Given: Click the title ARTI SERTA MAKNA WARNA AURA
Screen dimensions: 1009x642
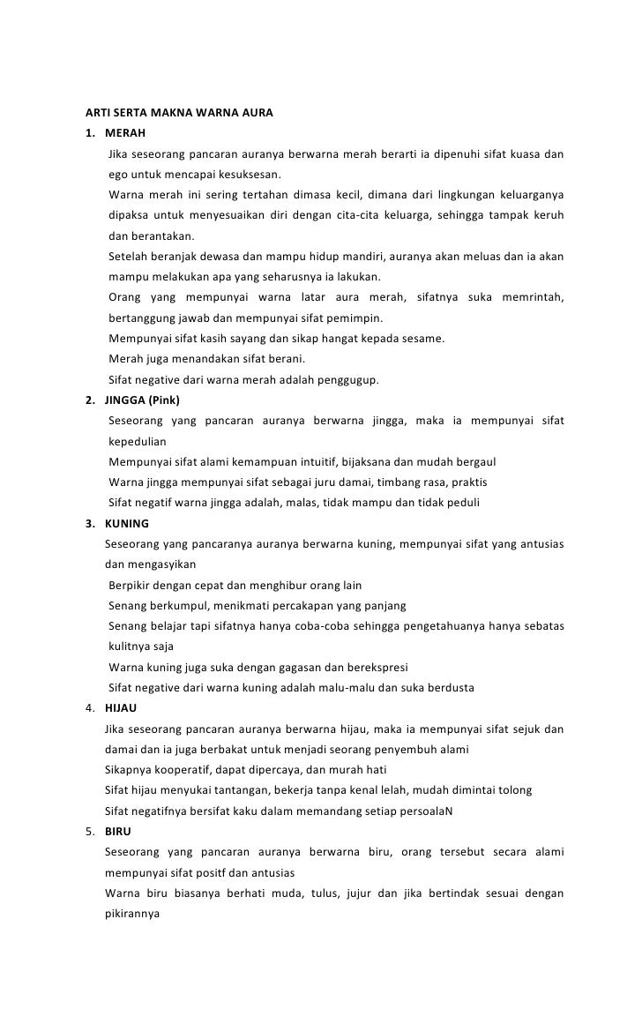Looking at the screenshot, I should tap(179, 114).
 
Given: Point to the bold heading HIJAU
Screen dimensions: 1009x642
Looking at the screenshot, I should tap(121, 708).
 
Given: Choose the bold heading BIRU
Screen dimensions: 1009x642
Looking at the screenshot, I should tap(117, 832).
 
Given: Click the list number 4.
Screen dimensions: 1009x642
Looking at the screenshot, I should tap(88, 708).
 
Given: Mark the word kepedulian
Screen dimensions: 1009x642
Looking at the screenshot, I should tap(137, 441).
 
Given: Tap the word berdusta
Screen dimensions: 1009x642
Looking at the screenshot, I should tap(447, 688).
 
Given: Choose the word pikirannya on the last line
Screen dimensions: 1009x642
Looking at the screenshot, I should tap(131, 914).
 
